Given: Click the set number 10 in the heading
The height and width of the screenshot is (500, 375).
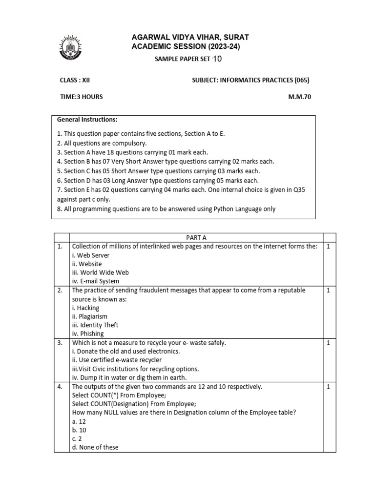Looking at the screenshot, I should click(217, 59).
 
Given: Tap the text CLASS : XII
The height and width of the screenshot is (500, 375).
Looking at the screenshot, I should click(72, 80).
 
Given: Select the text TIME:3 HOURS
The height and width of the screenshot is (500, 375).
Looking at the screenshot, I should click(81, 97).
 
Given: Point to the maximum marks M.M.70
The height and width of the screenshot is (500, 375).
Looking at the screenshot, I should click(299, 97).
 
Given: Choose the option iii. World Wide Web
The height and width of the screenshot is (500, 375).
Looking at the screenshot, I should click(100, 272).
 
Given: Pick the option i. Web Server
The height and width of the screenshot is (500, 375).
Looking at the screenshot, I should click(90, 255).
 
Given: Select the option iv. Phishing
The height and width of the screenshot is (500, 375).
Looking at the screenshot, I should click(87, 334).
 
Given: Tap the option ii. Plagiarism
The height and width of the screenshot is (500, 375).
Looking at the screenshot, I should click(89, 316).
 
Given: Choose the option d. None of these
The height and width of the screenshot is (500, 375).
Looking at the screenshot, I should click(95, 447).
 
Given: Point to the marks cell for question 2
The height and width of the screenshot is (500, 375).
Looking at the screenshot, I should click(329, 290).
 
